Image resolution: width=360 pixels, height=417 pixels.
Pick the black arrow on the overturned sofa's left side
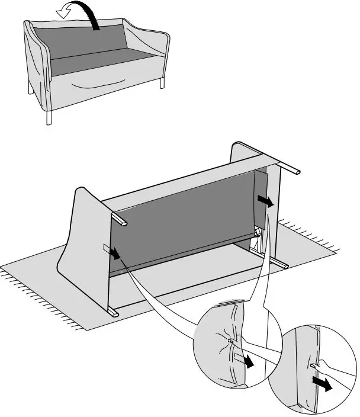116,253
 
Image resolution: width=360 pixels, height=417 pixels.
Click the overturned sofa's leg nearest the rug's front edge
114,310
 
